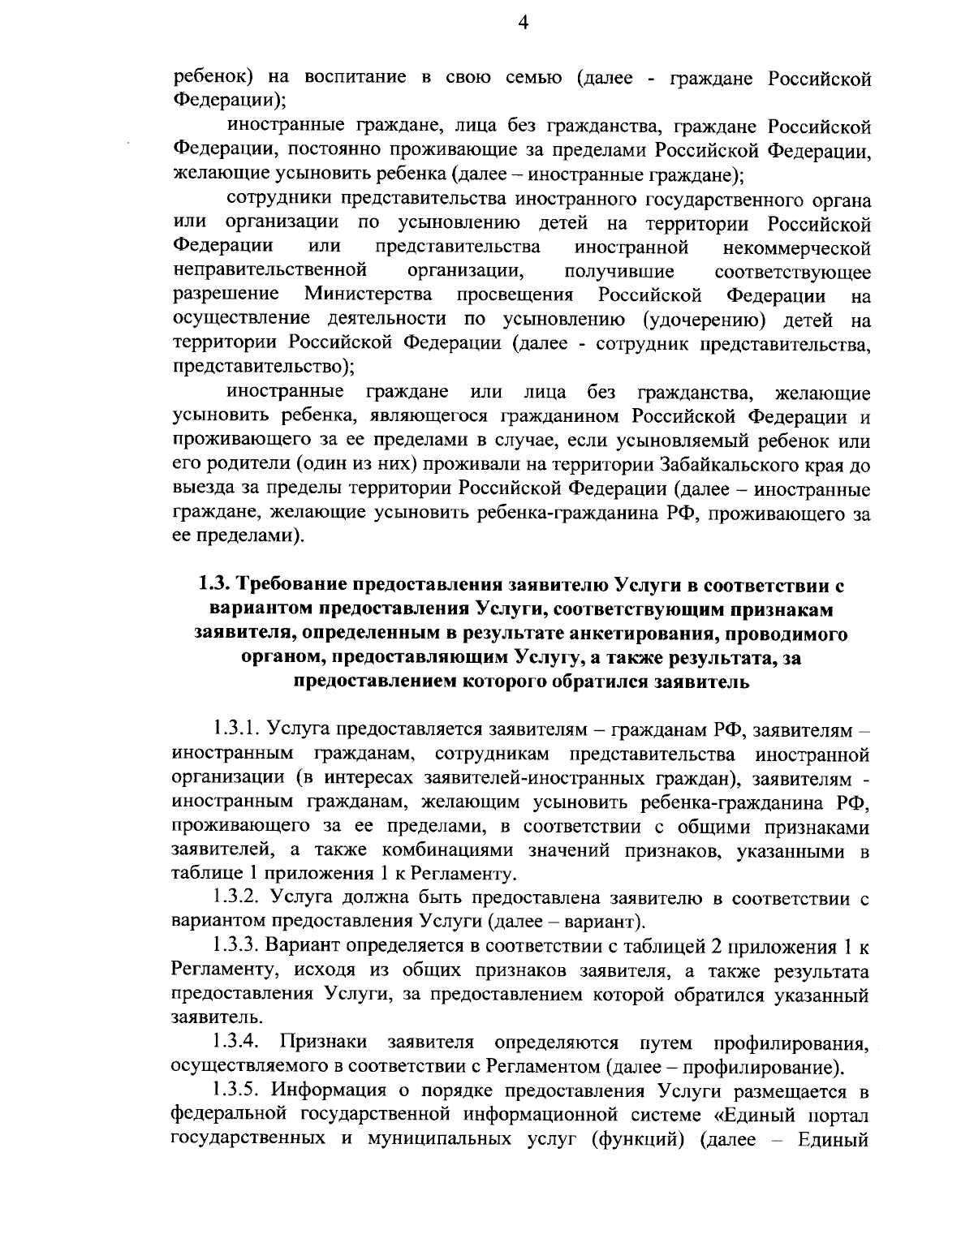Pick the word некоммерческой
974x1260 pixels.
click(x=796, y=247)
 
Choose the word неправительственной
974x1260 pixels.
click(x=270, y=270)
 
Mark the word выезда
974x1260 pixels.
click(x=199, y=489)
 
